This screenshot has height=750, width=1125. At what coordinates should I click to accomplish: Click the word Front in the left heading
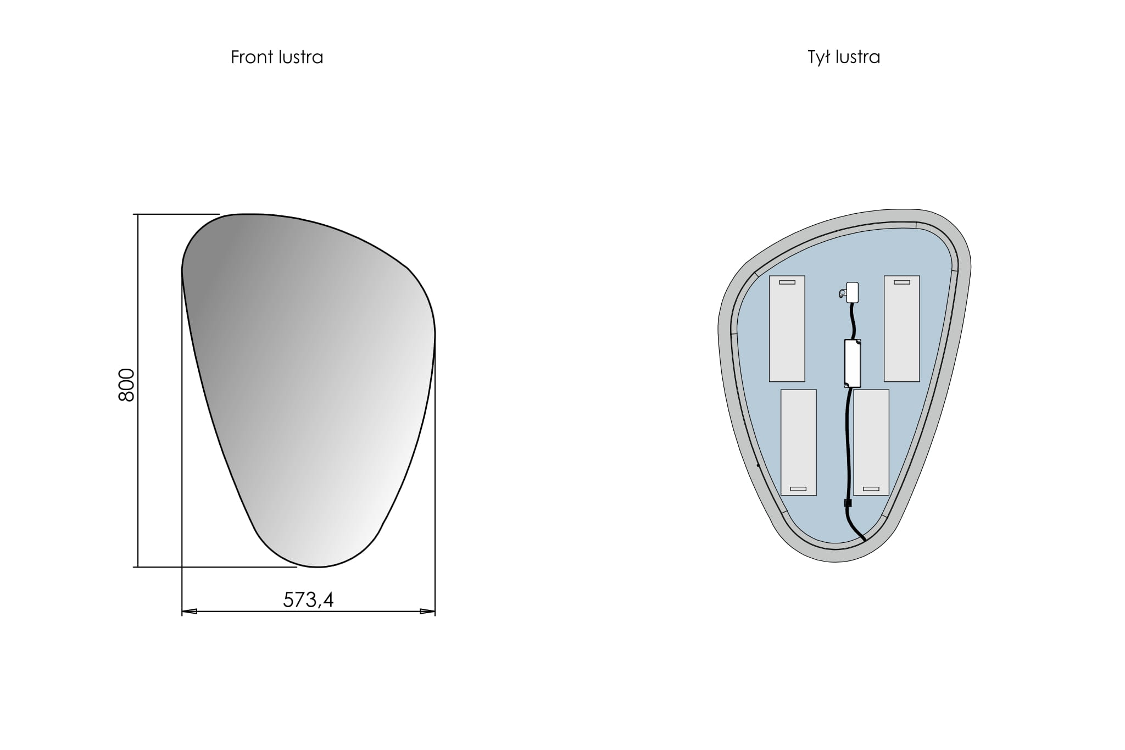[x=251, y=57]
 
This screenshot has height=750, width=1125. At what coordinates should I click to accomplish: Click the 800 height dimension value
[x=126, y=385]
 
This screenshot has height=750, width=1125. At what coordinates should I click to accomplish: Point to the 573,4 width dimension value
[x=308, y=599]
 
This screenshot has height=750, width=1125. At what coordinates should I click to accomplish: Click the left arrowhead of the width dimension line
[x=190, y=611]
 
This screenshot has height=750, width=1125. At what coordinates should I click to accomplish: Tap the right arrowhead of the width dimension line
[x=427, y=611]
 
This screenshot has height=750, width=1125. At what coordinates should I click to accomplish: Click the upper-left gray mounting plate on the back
[x=787, y=329]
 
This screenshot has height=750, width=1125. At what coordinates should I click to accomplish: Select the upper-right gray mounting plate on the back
[x=901, y=329]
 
